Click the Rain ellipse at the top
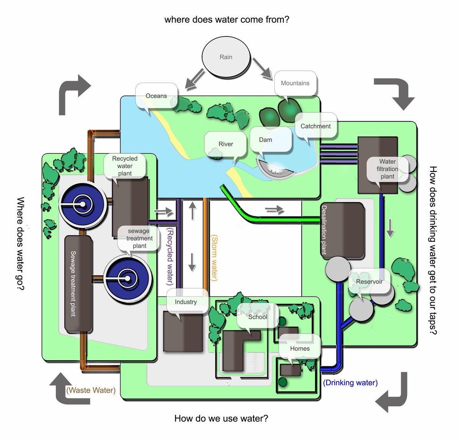click(x=226, y=57)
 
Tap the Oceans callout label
click(x=156, y=96)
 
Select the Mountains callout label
click(x=295, y=83)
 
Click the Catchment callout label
click(x=315, y=126)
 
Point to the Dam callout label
click(x=265, y=140)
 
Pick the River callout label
click(x=226, y=144)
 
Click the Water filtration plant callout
click(x=387, y=169)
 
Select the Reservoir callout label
click(x=369, y=281)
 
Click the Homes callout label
click(x=300, y=348)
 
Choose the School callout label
click(x=257, y=317)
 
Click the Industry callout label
click(x=186, y=302)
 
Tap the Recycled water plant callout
click(x=125, y=166)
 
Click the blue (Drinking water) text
click(x=350, y=383)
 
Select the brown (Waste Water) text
click(x=91, y=390)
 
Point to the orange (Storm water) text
click(x=214, y=258)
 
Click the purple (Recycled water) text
click(x=170, y=256)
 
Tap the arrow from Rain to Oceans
click(x=195, y=79)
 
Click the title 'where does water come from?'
click(x=227, y=20)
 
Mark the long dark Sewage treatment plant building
click(x=78, y=284)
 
